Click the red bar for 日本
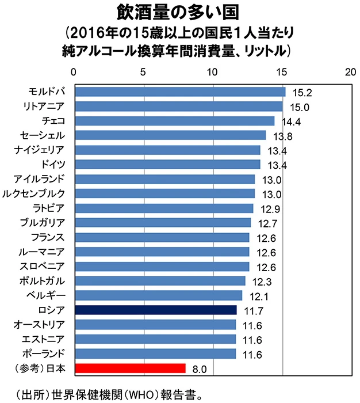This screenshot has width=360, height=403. click(x=129, y=368)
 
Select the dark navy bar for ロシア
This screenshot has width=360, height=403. click(x=155, y=310)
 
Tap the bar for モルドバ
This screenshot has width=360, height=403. click(x=179, y=92)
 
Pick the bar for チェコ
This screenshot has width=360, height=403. click(x=174, y=120)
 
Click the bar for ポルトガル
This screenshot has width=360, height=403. click(x=159, y=281)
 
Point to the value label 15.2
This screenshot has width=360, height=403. click(x=302, y=92)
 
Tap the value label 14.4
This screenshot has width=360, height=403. click(x=292, y=121)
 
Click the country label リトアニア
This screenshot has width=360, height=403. click(x=44, y=106)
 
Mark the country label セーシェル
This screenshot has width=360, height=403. click(x=43, y=135)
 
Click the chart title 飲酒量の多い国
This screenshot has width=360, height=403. click(x=180, y=12)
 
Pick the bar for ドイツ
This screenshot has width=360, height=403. click(x=167, y=164)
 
